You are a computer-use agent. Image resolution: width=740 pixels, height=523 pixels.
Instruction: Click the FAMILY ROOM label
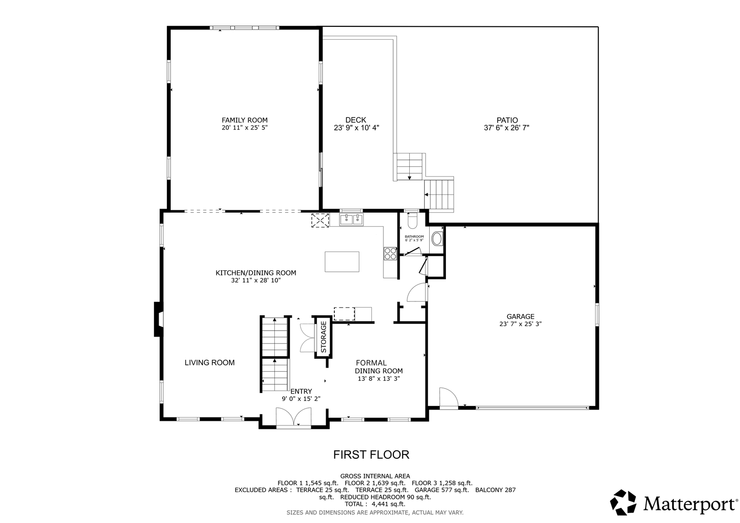pos(245,120)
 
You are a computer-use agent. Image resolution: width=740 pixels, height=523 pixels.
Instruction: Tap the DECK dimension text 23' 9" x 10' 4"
pos(356,128)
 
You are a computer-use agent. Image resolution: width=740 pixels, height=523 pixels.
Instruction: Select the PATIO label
pos(507,120)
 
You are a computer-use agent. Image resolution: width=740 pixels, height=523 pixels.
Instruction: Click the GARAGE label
pos(520,316)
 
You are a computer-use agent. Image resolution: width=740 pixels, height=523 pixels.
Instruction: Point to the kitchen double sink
pos(351,219)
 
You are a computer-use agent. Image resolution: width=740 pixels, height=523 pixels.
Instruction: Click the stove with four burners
pos(390,254)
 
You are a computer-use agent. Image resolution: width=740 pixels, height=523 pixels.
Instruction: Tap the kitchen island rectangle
pos(342,262)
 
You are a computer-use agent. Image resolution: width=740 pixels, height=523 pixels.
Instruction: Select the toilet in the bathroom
pos(413,221)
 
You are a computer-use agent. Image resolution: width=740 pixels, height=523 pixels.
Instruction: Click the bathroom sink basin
pos(437,239)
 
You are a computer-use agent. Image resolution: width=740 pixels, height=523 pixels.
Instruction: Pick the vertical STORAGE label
pos(323,337)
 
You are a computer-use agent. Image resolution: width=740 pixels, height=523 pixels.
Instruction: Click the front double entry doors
pos(293,417)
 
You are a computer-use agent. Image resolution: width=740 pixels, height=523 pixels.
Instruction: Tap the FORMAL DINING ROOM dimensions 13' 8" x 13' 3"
pos(379,379)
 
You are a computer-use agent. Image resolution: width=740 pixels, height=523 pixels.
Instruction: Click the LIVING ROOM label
pos(210,363)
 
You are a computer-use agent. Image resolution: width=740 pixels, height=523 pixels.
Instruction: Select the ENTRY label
pos(301,392)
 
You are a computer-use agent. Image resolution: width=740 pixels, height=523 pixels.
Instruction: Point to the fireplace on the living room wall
pos(158,319)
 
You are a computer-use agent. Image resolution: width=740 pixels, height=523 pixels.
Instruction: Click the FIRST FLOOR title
pos(371,455)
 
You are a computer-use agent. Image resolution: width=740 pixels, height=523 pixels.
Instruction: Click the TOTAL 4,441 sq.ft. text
pos(375,504)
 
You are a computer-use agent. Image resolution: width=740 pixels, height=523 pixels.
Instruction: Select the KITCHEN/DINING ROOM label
pos(256,273)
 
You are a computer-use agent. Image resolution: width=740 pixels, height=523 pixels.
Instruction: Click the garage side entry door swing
pos(448,398)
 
